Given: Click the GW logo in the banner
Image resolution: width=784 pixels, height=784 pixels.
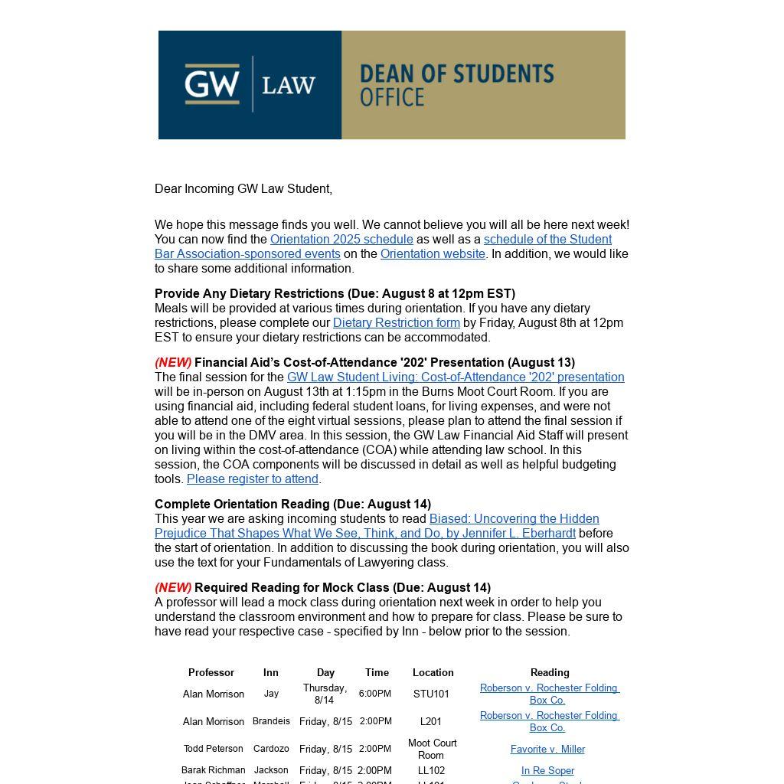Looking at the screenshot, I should (x=212, y=83).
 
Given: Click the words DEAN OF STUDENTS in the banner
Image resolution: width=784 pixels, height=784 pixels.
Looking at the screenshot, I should (x=456, y=74).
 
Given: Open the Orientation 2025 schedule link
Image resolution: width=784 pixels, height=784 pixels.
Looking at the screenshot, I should (x=341, y=240).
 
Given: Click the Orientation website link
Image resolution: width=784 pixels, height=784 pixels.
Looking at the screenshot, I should (x=433, y=254).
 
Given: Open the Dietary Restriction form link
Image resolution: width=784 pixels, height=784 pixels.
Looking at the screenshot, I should (x=396, y=323).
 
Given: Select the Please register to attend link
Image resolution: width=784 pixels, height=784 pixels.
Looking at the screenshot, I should (x=252, y=479).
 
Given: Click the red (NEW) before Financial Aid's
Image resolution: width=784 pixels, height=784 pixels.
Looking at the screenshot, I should (x=173, y=363).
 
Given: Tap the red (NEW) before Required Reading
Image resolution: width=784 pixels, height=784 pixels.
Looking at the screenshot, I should (x=173, y=588).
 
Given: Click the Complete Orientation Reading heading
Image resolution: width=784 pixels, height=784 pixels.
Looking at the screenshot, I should (x=292, y=505).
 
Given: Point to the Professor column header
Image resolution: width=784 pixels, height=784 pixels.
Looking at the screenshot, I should (x=211, y=673).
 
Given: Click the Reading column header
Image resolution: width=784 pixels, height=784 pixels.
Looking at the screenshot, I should (x=550, y=673).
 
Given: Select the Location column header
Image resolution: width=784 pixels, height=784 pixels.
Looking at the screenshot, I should (x=433, y=673).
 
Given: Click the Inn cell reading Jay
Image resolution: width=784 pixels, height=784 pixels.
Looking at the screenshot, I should (x=271, y=694).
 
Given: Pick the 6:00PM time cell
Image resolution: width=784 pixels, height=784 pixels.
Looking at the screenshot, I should (x=375, y=694).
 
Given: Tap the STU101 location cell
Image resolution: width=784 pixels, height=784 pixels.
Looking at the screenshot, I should (x=431, y=694).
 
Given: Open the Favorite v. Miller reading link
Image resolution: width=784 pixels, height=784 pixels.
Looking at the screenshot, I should (x=547, y=750).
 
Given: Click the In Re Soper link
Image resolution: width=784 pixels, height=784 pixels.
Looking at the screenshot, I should (x=547, y=771).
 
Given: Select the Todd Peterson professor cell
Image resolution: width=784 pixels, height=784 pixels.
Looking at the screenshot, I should (x=214, y=749).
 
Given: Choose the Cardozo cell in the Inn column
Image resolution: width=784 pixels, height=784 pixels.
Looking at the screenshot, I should (x=271, y=749).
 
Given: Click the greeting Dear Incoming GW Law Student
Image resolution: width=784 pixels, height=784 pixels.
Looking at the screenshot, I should (x=243, y=189).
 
